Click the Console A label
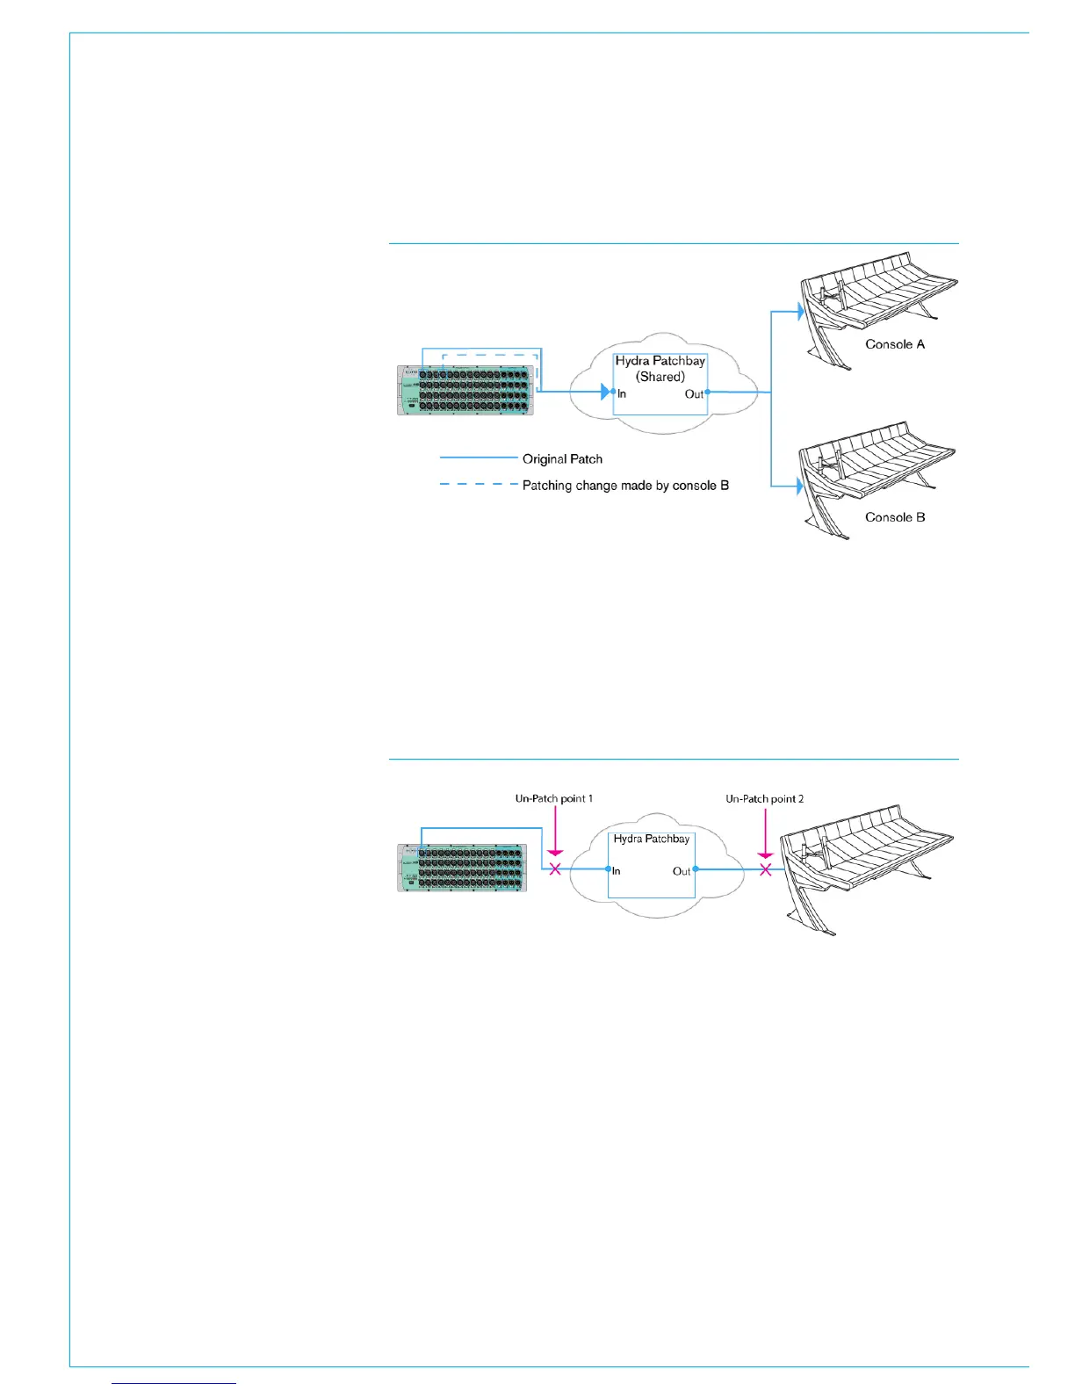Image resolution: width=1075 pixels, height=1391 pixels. (895, 344)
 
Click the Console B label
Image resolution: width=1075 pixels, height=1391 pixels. (895, 517)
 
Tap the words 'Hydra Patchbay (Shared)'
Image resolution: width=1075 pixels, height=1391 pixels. (660, 369)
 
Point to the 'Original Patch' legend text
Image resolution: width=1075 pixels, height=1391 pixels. (562, 459)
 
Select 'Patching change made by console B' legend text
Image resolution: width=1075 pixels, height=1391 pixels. (625, 486)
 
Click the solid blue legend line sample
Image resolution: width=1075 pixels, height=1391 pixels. (479, 458)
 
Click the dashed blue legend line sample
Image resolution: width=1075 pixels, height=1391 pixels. (479, 485)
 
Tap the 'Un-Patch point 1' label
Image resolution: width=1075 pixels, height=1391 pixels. (553, 799)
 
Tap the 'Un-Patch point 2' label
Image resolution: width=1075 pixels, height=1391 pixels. (764, 799)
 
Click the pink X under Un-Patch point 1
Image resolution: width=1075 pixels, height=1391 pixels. (555, 869)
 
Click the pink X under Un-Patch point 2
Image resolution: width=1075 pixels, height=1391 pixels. (766, 869)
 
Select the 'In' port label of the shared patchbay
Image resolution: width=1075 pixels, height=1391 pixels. (622, 394)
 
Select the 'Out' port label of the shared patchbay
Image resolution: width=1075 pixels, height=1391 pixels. (694, 394)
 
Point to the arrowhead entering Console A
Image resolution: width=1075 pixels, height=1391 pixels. (800, 311)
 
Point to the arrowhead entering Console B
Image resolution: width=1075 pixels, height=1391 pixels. (800, 486)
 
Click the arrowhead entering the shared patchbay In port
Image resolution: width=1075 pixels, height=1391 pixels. (606, 392)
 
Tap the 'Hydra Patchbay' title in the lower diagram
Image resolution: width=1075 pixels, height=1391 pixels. (652, 840)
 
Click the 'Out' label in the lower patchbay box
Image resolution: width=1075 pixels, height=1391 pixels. (682, 872)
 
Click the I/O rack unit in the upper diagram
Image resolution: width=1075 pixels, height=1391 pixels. (465, 391)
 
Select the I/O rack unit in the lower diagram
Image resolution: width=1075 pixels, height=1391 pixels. (462, 868)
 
